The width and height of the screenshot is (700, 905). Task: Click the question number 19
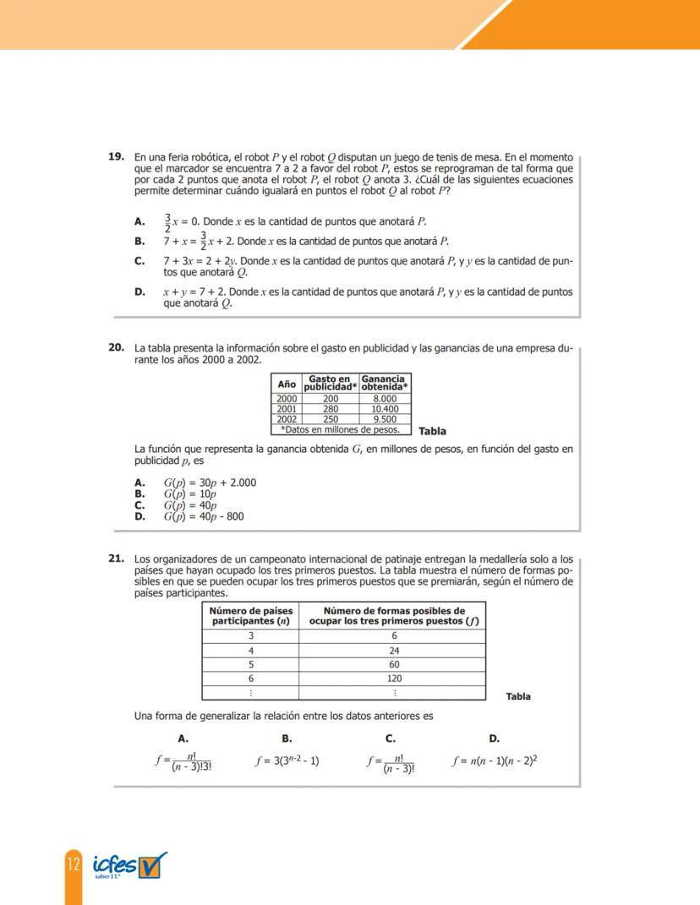point(117,157)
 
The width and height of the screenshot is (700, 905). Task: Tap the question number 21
point(117,559)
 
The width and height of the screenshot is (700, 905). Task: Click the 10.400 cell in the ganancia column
point(385,408)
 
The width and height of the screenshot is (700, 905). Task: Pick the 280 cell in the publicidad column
point(331,408)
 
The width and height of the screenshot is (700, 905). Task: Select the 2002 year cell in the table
point(287,418)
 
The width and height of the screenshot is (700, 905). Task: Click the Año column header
point(287,384)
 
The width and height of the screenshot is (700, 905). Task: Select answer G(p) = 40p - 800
point(204,516)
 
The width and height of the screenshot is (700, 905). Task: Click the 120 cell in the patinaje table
point(394,679)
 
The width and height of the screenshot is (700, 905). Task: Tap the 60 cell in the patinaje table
point(394,665)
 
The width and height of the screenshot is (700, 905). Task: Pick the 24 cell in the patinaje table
point(394,651)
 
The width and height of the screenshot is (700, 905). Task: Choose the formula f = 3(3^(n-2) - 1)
point(287,761)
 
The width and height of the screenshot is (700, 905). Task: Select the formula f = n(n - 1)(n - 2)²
point(495,761)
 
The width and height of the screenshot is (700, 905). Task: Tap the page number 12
point(72,866)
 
